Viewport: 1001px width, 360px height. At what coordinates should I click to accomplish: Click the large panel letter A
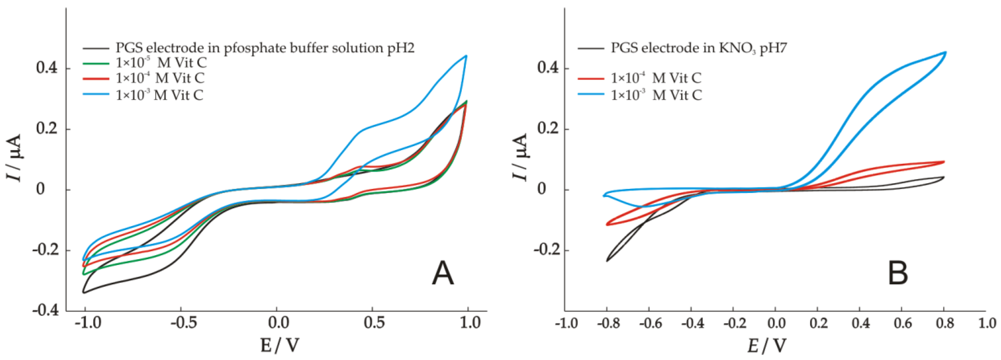click(x=443, y=274)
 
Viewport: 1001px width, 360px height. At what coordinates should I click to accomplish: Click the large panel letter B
click(x=898, y=274)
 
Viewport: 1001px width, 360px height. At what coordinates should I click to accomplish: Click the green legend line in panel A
click(x=96, y=63)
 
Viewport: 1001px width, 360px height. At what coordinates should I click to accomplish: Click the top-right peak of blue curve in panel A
click(x=466, y=56)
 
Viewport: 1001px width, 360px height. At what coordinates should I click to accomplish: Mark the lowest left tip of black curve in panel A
click(x=84, y=292)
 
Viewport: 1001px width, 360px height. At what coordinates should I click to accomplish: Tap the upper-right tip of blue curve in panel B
click(x=945, y=52)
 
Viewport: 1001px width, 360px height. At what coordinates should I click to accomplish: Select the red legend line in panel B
click(x=591, y=79)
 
